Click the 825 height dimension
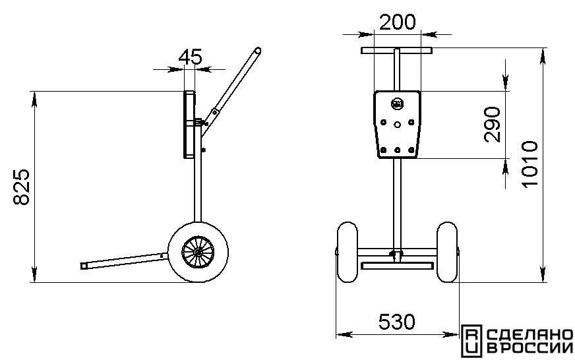point(21,187)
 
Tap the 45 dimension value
point(190,57)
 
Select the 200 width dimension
point(398,22)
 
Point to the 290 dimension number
point(492,124)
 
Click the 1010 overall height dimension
point(530,164)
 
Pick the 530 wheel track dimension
point(397,322)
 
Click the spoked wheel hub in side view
point(198,252)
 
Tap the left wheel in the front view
point(347,252)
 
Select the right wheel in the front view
point(447,252)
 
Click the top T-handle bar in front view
point(396,51)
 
